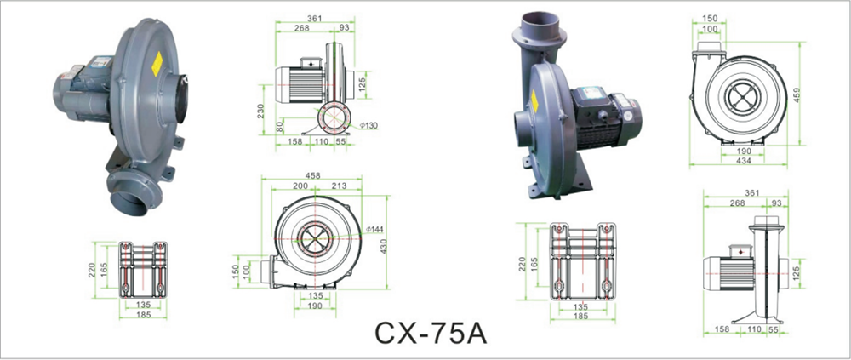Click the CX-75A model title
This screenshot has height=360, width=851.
pyautogui.click(x=431, y=334)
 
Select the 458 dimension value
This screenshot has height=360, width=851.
pyautogui.click(x=312, y=175)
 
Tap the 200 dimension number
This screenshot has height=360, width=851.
pyautogui.click(x=300, y=186)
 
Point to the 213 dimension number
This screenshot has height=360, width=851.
pyautogui.click(x=339, y=186)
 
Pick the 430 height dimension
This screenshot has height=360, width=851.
pyautogui.click(x=383, y=246)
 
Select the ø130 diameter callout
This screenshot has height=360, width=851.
pyautogui.click(x=368, y=125)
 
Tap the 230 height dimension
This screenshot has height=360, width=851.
pyautogui.click(x=260, y=111)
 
